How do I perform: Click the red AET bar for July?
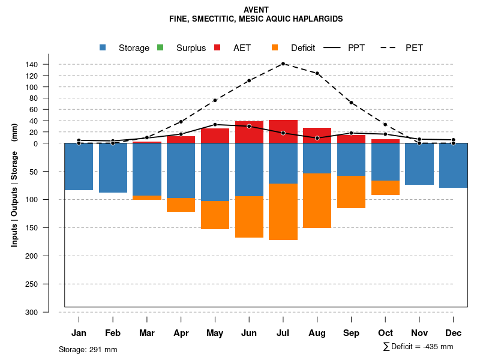pos(283,131)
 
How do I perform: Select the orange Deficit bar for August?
pos(317,201)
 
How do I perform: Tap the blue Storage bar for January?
pos(79,166)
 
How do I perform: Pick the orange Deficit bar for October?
pos(386,188)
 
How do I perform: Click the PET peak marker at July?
pos(283,64)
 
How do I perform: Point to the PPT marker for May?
pos(215,125)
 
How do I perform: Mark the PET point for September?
pos(352,103)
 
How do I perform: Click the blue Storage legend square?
pos(103,47)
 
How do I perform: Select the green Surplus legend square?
pos(160,47)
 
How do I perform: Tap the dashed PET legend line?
pos(389,47)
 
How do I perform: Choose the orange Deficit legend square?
pos(275,47)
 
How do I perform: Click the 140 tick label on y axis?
pos(48,64)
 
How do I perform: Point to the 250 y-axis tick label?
pos(48,284)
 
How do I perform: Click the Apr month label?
pos(181,333)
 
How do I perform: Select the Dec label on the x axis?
pos(454,333)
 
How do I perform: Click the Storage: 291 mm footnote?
pos(88,349)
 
